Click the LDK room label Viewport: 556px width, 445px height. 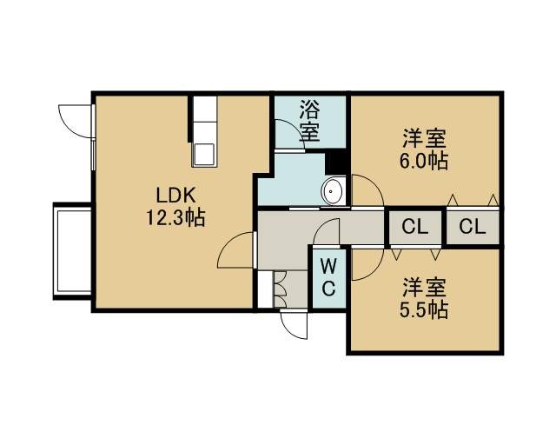[x=175, y=196]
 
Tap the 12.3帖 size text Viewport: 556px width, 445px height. [x=175, y=217]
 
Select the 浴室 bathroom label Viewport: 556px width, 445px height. [x=309, y=121]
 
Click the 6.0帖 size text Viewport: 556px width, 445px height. [x=424, y=161]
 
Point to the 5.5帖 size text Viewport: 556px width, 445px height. [x=424, y=309]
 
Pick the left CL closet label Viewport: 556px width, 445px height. [x=415, y=226]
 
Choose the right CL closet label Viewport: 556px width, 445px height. [x=472, y=226]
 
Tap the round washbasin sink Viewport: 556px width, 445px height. [x=333, y=191]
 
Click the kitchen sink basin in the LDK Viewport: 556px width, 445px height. [x=203, y=155]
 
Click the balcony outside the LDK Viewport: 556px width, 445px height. [x=72, y=251]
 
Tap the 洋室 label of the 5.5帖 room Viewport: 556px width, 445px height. [x=424, y=289]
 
